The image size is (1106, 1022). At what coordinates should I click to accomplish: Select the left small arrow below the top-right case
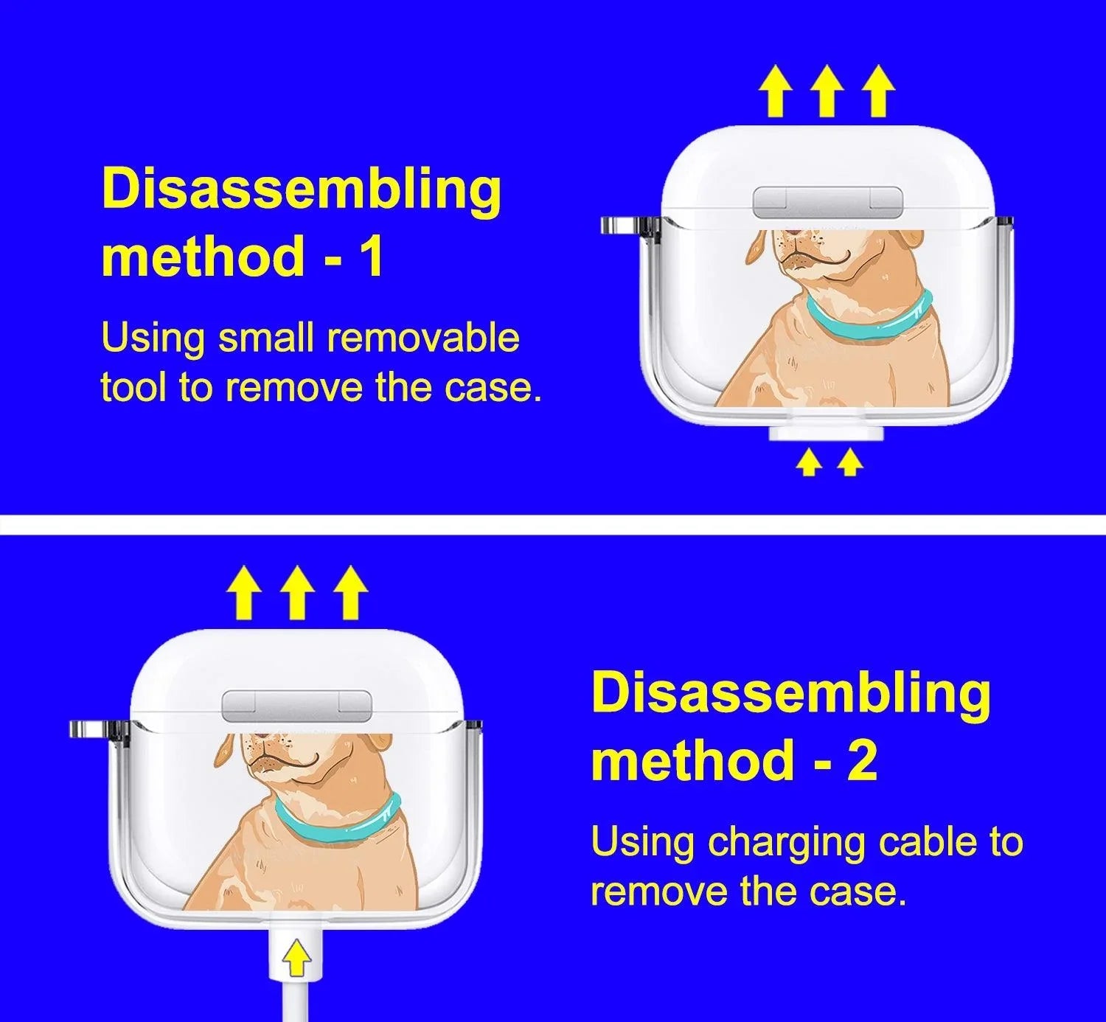coord(809,463)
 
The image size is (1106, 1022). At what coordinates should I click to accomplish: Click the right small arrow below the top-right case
coord(850,463)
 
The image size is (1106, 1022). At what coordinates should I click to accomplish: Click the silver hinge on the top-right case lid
coord(827,202)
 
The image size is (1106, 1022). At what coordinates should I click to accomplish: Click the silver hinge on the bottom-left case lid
coord(297,705)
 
